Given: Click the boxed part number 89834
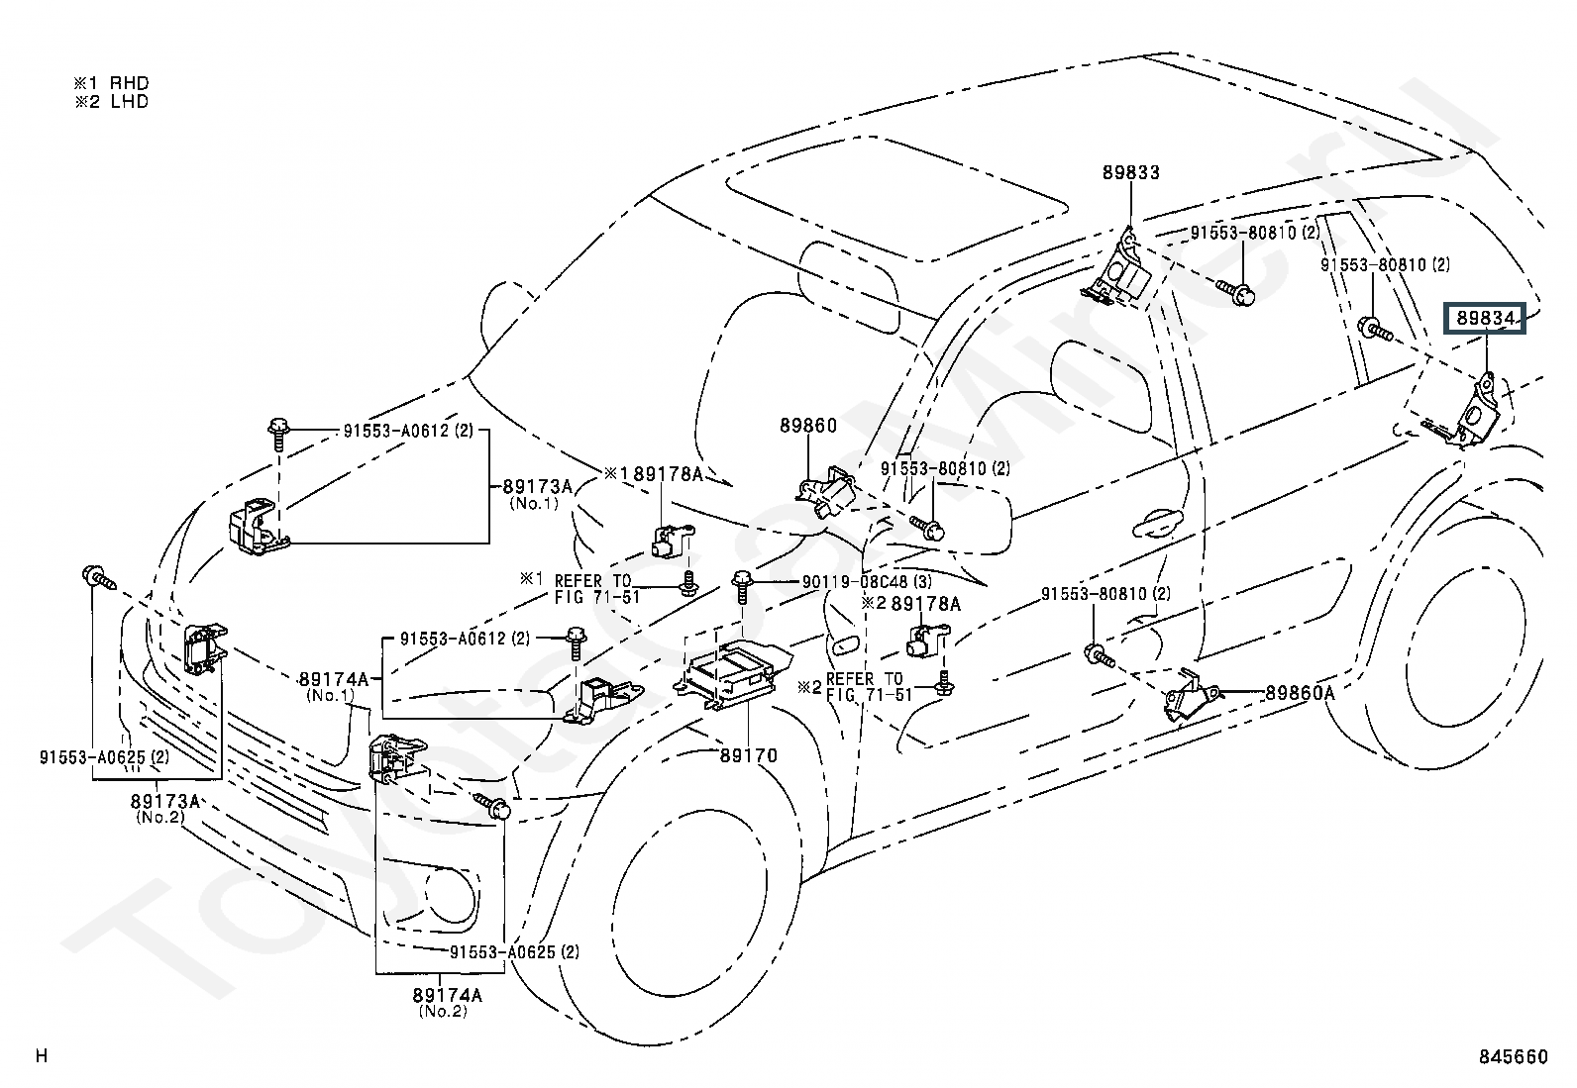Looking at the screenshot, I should click(x=1484, y=319).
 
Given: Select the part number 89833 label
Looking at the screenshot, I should click(x=1130, y=172).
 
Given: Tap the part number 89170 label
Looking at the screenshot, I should click(x=748, y=755).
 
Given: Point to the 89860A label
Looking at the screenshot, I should click(x=1300, y=693).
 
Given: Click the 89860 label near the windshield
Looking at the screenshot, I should click(x=807, y=426).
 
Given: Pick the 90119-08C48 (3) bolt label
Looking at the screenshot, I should click(x=868, y=582).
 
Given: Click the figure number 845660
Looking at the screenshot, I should click(x=1513, y=1057).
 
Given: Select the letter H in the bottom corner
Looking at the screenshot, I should click(x=41, y=1056).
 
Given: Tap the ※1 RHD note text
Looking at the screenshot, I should click(x=112, y=84).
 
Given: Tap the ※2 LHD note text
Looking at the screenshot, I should click(x=112, y=101).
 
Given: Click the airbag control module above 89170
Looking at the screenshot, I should click(x=736, y=673).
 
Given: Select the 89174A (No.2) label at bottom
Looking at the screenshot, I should click(x=447, y=1002).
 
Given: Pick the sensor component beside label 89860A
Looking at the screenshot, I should click(x=1190, y=697).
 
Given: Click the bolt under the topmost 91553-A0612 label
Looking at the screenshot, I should click(x=279, y=432).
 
